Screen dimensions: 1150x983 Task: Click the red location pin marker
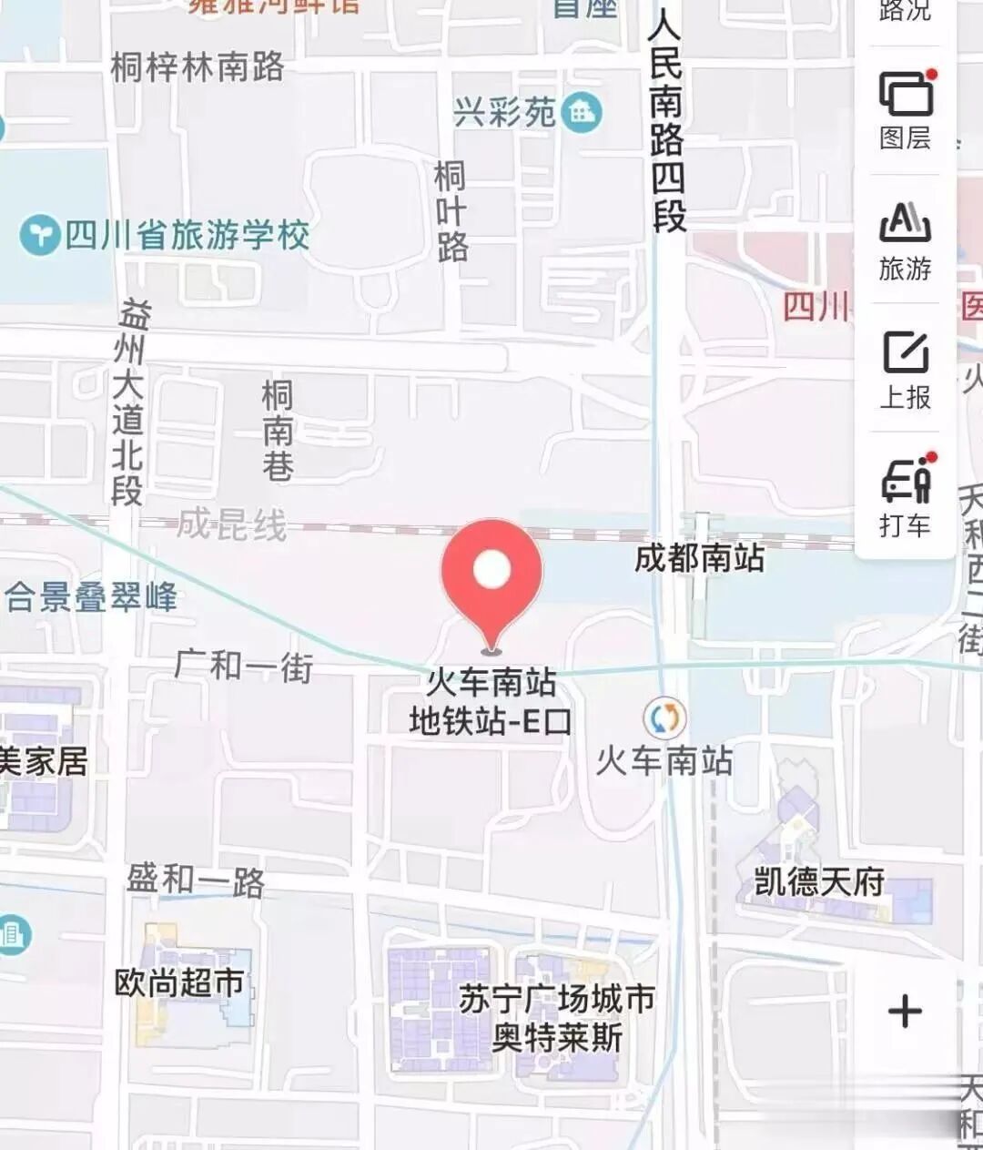pos(491,573)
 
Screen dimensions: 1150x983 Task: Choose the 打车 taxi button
pos(906,497)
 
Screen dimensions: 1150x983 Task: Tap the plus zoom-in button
pos(905,1011)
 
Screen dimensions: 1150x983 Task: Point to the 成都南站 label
pos(699,557)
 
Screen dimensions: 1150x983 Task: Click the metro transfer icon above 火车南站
pos(664,717)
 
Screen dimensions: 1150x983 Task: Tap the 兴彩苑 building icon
pos(582,113)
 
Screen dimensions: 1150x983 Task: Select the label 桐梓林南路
pos(197,66)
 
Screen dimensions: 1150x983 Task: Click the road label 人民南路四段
pos(667,123)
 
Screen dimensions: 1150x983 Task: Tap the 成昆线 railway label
pos(231,524)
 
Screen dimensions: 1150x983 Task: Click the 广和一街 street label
pos(244,666)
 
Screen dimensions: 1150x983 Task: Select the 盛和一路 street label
pos(195,880)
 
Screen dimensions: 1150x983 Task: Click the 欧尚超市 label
pos(179,982)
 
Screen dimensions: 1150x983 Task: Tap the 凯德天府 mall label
pos(819,881)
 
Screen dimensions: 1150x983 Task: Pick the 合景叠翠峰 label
pos(91,597)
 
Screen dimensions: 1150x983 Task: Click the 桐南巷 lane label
pos(278,431)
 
